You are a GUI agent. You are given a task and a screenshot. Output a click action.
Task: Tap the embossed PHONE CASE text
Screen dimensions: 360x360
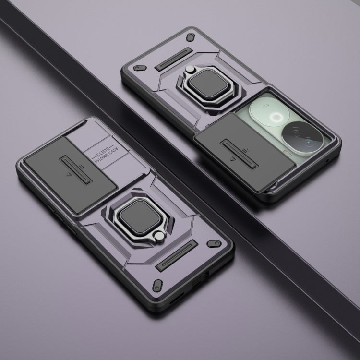coord(107,155)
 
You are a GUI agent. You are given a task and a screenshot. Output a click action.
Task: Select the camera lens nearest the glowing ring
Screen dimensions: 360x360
coord(295,132)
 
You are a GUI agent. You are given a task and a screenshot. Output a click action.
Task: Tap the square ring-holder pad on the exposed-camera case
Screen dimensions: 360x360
coord(209,84)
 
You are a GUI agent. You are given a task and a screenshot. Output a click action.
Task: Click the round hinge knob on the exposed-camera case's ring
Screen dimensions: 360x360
coord(190,69)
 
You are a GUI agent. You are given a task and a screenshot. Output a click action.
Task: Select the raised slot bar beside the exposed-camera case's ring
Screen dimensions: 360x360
coord(174,59)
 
